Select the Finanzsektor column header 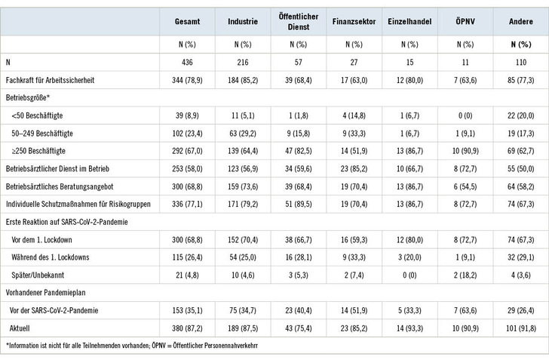350,22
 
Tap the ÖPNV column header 462,22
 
